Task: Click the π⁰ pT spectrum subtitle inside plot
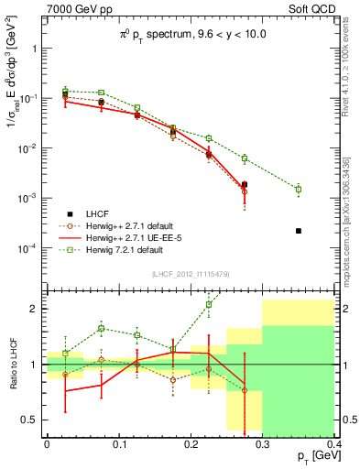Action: point(190,35)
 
